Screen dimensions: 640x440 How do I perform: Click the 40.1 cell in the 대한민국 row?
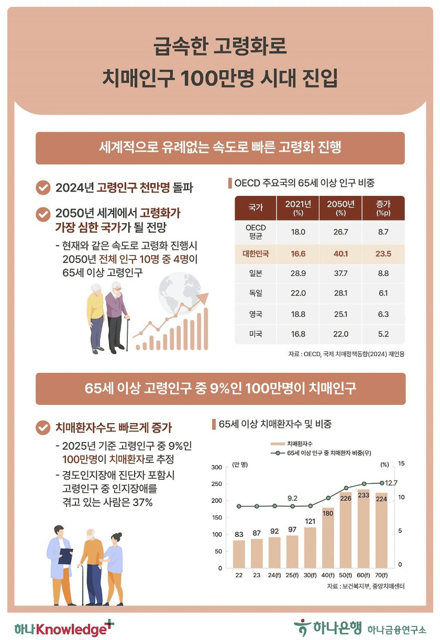pyautogui.click(x=340, y=253)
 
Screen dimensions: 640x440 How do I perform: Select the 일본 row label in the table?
pyautogui.click(x=256, y=273)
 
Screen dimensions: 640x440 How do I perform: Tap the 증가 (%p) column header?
pyautogui.click(x=382, y=207)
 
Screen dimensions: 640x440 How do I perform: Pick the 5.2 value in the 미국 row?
pyautogui.click(x=382, y=334)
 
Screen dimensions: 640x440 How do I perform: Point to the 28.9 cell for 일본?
pyautogui.click(x=298, y=273)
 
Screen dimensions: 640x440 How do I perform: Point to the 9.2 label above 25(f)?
pyautogui.click(x=293, y=498)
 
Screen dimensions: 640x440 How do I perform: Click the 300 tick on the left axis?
pyautogui.click(x=217, y=467)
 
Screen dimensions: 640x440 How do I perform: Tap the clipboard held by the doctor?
pyautogui.click(x=66, y=556)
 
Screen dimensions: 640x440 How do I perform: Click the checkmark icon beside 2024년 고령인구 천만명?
pyautogui.click(x=41, y=187)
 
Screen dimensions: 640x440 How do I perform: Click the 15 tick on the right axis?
pyautogui.click(x=387, y=464)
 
